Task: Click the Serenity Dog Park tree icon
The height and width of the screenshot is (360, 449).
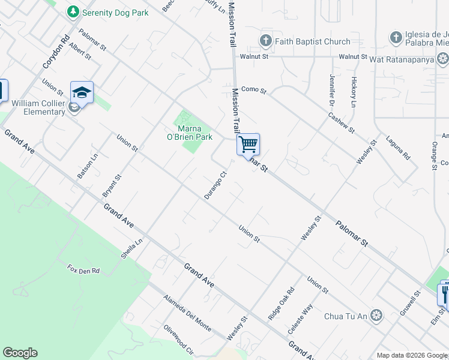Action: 73,11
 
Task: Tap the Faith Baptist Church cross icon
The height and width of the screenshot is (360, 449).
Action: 265,41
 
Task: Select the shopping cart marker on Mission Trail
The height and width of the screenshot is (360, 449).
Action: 248,145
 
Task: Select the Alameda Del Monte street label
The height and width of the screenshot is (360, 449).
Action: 187,313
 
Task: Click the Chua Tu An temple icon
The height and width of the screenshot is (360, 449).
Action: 376,315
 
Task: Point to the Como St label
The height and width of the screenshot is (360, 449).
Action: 253,90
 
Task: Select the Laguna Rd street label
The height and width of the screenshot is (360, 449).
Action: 399,147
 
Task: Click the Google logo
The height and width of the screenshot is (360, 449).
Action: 20,353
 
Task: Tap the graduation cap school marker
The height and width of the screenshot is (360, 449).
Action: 82,92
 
